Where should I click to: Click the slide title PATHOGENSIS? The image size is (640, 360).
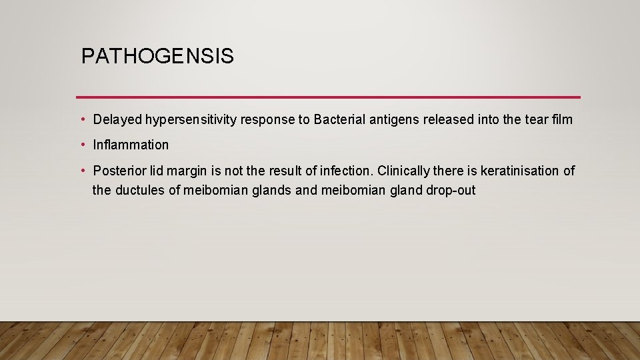pyautogui.click(x=157, y=57)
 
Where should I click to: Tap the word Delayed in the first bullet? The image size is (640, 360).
pyautogui.click(x=117, y=120)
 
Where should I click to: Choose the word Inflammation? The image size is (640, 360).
pyautogui.click(x=131, y=145)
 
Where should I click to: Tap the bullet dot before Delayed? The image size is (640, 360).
pyautogui.click(x=83, y=120)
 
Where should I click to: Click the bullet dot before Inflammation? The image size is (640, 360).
pyautogui.click(x=83, y=145)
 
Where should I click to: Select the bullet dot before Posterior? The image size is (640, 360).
pyautogui.click(x=83, y=171)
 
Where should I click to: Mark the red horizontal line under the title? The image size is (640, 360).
pyautogui.click(x=328, y=97)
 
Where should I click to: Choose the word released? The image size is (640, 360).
pyautogui.click(x=450, y=120)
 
